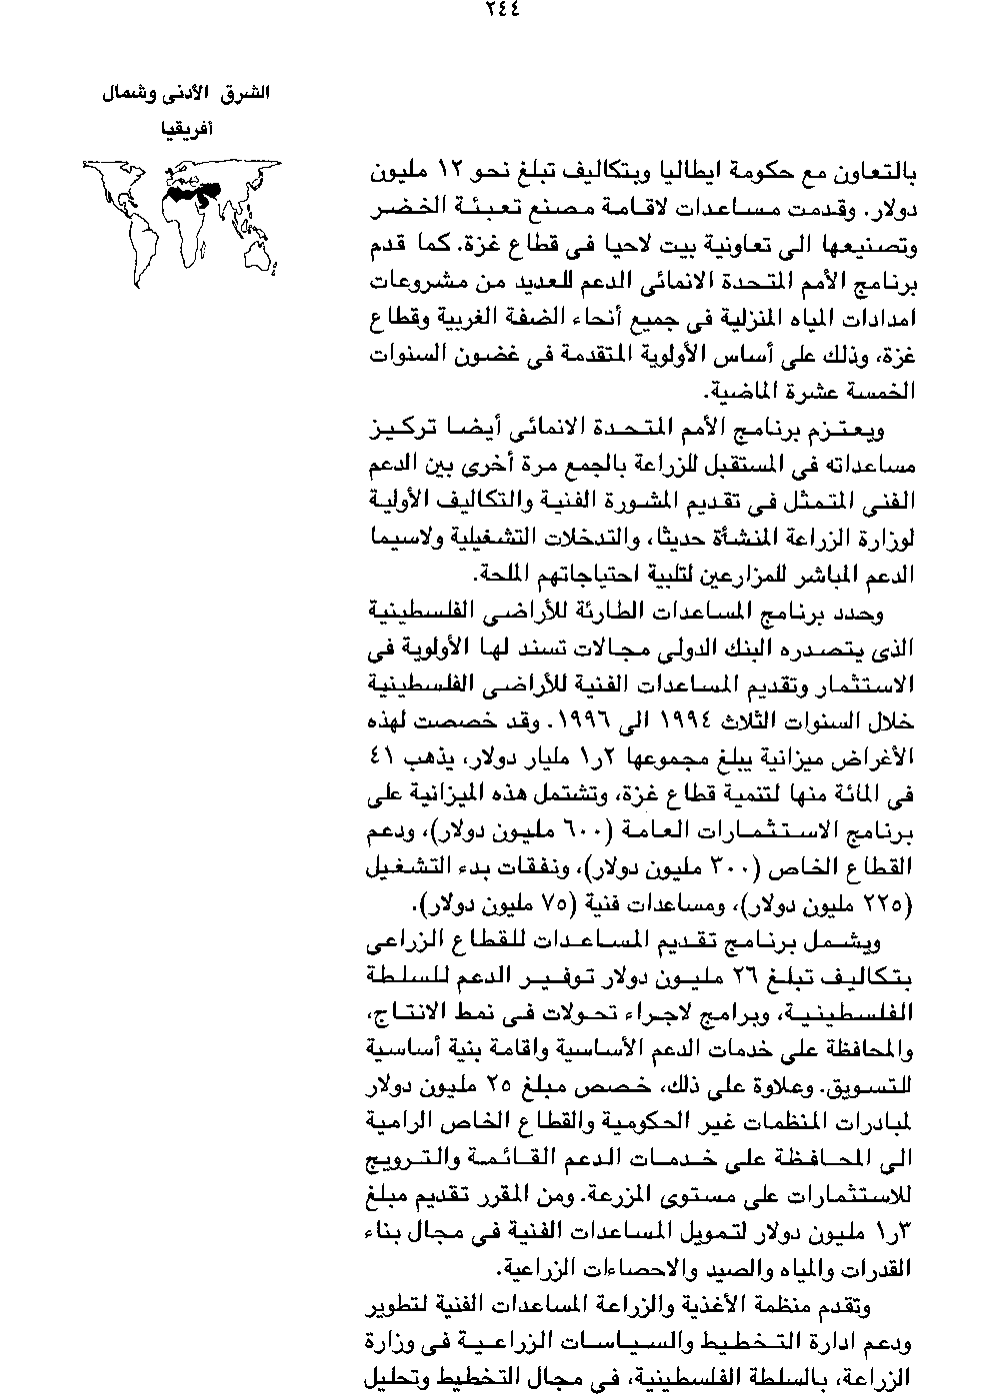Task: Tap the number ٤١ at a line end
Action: (382, 756)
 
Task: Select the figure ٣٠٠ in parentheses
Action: (728, 864)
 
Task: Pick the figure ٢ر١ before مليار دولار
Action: (571, 756)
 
